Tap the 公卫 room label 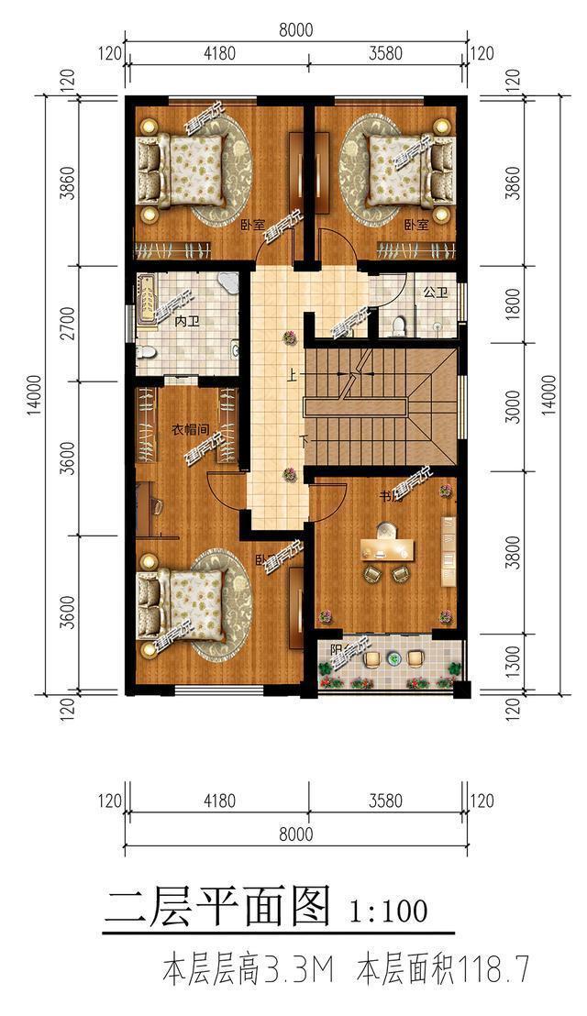[x=435, y=294]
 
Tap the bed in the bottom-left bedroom [x=182, y=604]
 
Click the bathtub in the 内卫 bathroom [x=146, y=302]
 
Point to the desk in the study [x=388, y=547]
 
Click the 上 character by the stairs [x=293, y=374]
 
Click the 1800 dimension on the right [x=513, y=304]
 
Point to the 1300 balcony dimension [x=513, y=658]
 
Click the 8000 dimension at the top [x=295, y=29]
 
